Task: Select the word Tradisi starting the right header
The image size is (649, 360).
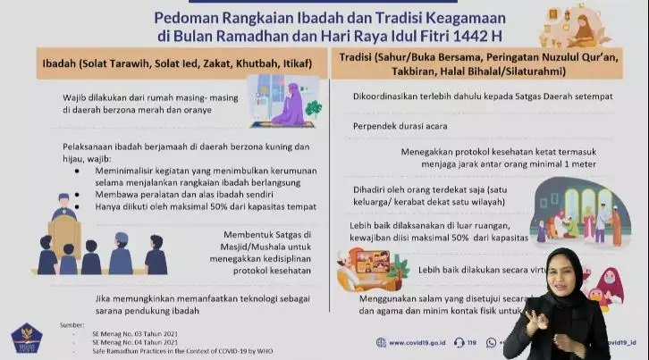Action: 352,58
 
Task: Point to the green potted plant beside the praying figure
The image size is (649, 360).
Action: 312,108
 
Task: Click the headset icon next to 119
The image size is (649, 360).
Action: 459,342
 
